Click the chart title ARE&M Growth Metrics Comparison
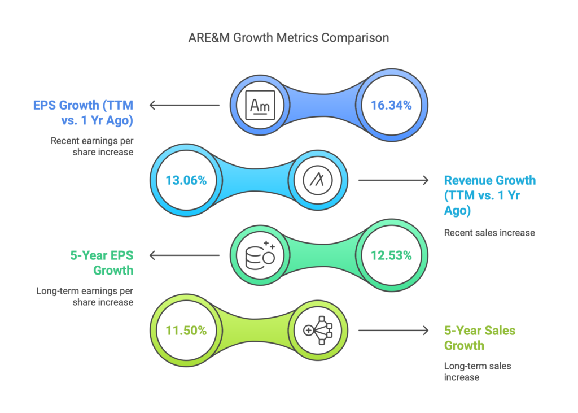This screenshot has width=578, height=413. pos(288,38)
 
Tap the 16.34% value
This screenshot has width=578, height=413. pos(391,105)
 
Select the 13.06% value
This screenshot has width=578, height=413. pos(186,180)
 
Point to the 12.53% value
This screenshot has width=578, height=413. pos(391,255)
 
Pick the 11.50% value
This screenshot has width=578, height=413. pos(186,331)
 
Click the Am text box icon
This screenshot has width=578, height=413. pos(260,105)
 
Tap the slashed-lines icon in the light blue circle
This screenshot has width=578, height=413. pos(317,180)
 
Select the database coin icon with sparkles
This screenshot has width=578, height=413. pos(260,255)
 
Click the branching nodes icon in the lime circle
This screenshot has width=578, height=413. pos(318,331)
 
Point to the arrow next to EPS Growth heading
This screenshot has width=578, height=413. pos(185,105)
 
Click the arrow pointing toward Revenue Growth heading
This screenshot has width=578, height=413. pos(393,180)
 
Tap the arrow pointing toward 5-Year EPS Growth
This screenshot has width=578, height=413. pos(185,255)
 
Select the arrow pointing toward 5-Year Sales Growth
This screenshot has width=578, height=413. pos(393,331)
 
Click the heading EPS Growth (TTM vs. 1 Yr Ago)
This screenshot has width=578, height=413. pos(84,112)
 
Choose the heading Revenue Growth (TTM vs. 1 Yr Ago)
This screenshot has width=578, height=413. pos(490,195)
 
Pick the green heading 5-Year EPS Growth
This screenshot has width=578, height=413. pos(102,263)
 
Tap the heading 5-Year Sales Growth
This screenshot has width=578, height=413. pos(480,338)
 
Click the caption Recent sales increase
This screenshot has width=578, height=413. pos(489,233)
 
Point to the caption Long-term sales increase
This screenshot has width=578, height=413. pos(478,372)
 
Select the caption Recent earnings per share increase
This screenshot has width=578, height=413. pos(92,146)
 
